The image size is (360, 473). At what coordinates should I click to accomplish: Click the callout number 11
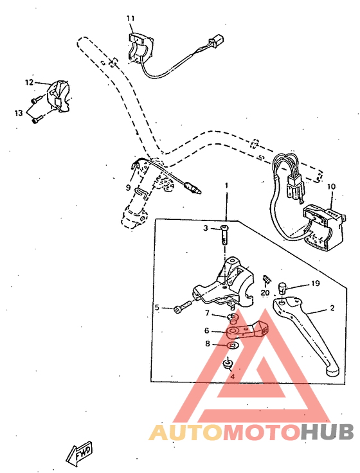coord(130,19)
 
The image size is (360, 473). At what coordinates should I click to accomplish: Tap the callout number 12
coord(29,82)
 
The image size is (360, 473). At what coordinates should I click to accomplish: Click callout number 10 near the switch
coord(331,188)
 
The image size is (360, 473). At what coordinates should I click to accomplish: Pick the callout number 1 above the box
coord(226,186)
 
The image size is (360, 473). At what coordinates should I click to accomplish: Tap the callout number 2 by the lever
coord(332,308)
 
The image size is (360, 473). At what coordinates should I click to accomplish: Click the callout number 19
coord(316,283)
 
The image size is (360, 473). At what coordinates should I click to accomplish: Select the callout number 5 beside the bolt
coord(156,308)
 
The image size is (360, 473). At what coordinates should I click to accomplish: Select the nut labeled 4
coord(229,365)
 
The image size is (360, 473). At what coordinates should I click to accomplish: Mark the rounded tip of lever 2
coord(330,371)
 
